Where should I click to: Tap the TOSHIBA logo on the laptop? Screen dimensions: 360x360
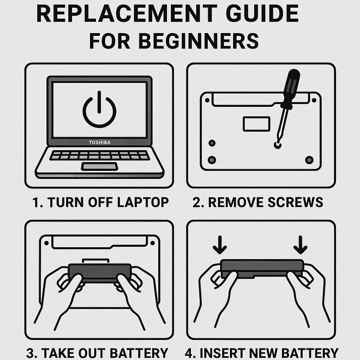(x=99, y=143)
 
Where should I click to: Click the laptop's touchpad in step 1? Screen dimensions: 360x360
(x=99, y=166)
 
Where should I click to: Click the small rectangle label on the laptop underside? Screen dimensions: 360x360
(x=256, y=124)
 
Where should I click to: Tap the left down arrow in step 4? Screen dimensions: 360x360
(x=220, y=245)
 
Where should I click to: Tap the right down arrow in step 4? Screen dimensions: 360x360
(x=300, y=245)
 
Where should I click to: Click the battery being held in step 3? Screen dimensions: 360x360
(x=99, y=272)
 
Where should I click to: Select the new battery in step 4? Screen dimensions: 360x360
(x=262, y=268)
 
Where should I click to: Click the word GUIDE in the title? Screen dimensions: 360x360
(x=263, y=14)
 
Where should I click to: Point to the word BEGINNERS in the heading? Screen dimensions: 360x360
(x=198, y=41)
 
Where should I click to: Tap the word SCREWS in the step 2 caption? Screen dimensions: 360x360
(x=295, y=202)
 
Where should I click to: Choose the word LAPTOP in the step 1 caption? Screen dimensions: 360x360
(x=143, y=202)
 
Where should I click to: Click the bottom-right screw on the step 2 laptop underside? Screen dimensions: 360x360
(x=309, y=160)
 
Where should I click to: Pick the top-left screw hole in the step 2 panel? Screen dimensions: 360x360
(x=207, y=100)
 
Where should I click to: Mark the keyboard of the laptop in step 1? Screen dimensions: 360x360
(x=99, y=155)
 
